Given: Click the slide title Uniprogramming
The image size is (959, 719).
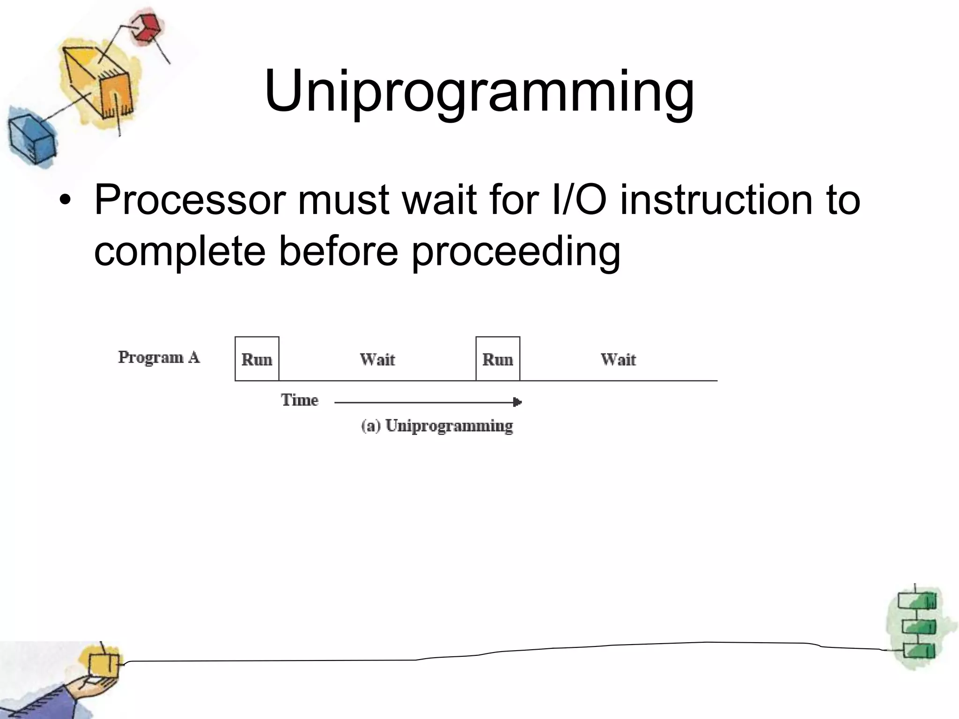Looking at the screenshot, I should point(479,91).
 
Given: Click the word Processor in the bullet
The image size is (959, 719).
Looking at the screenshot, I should point(190,200).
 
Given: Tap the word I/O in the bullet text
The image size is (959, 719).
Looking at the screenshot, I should point(579,200).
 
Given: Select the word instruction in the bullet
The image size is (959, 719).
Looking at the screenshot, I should point(716,200).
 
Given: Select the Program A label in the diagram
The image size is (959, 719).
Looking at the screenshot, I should point(159,358).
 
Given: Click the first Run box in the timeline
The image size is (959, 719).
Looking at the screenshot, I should point(257,359).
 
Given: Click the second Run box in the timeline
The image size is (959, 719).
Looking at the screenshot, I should point(497,359).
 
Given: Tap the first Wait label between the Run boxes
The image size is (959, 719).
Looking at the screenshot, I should point(377,359).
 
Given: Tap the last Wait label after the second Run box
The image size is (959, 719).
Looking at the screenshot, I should point(618,359).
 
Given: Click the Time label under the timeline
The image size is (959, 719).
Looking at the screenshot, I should point(300,400).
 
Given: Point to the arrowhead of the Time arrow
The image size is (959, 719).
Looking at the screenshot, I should point(517,402).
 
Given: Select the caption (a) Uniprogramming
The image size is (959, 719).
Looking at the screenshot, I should point(437,426).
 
